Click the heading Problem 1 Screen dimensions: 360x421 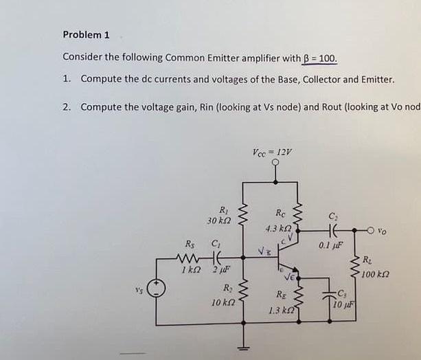(86, 34)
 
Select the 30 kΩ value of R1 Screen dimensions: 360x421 (218, 220)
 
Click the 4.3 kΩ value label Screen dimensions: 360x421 (277, 227)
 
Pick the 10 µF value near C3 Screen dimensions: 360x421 (344, 305)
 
